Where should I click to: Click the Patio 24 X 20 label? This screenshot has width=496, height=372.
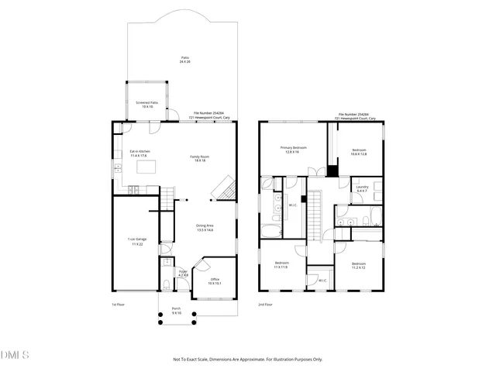point(184,60)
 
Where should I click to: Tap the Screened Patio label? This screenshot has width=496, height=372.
point(146,104)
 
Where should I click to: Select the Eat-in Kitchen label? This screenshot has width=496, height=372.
point(139,153)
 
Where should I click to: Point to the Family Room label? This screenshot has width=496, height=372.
point(199,158)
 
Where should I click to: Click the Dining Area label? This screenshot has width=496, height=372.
point(204,228)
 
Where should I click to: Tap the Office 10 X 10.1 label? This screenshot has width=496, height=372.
point(215,281)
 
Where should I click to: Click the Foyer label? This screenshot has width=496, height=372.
point(183,273)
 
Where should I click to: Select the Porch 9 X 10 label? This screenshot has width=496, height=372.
point(176,311)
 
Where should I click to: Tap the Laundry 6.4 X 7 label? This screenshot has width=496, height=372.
point(361,189)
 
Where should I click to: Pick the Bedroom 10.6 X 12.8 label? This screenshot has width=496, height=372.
point(359,152)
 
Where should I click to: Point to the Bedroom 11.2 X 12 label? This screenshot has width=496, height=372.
point(358,266)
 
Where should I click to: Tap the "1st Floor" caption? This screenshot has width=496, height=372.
point(118,305)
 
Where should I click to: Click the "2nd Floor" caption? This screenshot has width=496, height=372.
point(265,305)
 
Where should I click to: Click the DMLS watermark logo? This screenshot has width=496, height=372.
point(15,356)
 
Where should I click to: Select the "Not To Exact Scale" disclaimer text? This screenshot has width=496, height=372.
point(247,360)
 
